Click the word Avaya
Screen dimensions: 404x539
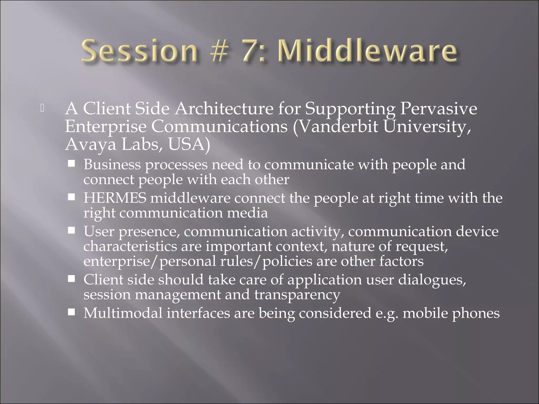tap(90, 144)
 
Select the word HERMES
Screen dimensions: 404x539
tap(115, 198)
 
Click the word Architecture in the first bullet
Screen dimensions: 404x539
tap(224, 109)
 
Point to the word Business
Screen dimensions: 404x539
tap(112, 165)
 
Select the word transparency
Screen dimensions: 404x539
tap(297, 295)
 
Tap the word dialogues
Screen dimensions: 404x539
tap(432, 280)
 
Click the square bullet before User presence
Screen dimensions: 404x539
tap(71, 231)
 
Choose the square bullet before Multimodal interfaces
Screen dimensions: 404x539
tap(71, 312)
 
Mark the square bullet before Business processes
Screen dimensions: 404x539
tap(71, 164)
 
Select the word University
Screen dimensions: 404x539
tap(427, 127)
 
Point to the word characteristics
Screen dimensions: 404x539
tap(130, 246)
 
